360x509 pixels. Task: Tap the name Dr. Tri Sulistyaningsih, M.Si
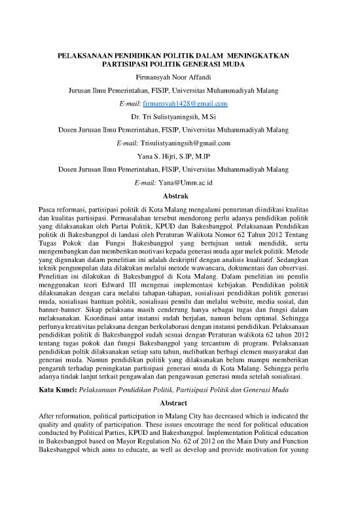pyautogui.click(x=179, y=117)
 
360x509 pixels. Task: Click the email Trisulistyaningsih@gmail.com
pyautogui.click(x=192, y=142)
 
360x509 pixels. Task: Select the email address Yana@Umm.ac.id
pyautogui.click(x=192, y=181)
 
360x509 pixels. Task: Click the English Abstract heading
pyautogui.click(x=179, y=403)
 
